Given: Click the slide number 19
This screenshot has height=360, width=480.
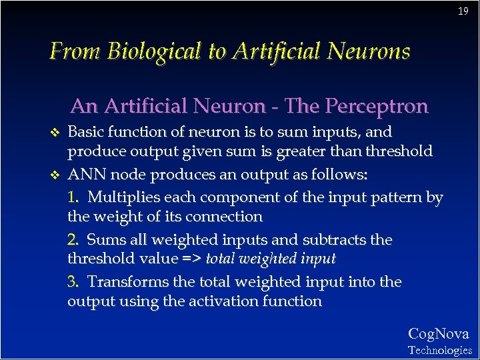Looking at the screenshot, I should pos(463,11).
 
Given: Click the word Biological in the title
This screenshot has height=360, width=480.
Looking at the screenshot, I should pos(154,51).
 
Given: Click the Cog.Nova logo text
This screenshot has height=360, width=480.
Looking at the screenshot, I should pos(438,334).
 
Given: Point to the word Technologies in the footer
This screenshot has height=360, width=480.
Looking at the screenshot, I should pos(440,350).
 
